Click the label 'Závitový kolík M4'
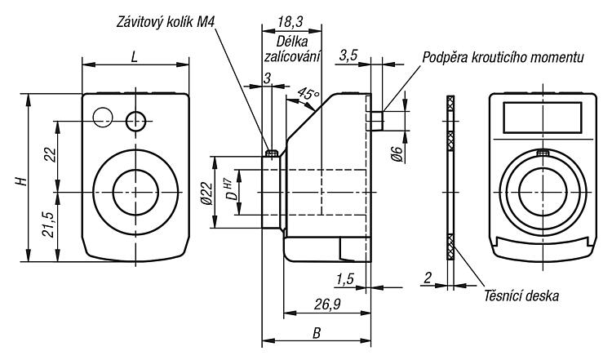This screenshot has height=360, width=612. (166, 22)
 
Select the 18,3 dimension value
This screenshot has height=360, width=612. (290, 21)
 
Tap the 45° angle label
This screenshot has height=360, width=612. (308, 94)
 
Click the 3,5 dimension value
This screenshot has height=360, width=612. (348, 55)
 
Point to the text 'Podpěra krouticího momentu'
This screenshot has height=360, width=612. (503, 57)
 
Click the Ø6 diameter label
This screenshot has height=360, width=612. (397, 153)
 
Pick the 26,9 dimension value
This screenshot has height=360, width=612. (327, 304)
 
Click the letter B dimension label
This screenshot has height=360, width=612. (317, 333)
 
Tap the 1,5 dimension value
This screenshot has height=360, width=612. (344, 279)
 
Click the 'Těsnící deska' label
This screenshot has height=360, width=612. (521, 296)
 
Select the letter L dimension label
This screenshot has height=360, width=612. (135, 57)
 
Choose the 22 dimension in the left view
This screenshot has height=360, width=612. (50, 154)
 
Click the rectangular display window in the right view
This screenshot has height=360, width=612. (542, 118)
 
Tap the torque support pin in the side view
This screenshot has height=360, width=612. (375, 121)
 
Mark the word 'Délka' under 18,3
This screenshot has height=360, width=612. (292, 42)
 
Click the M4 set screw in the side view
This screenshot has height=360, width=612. (271, 153)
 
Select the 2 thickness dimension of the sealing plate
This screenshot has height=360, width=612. (428, 278)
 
